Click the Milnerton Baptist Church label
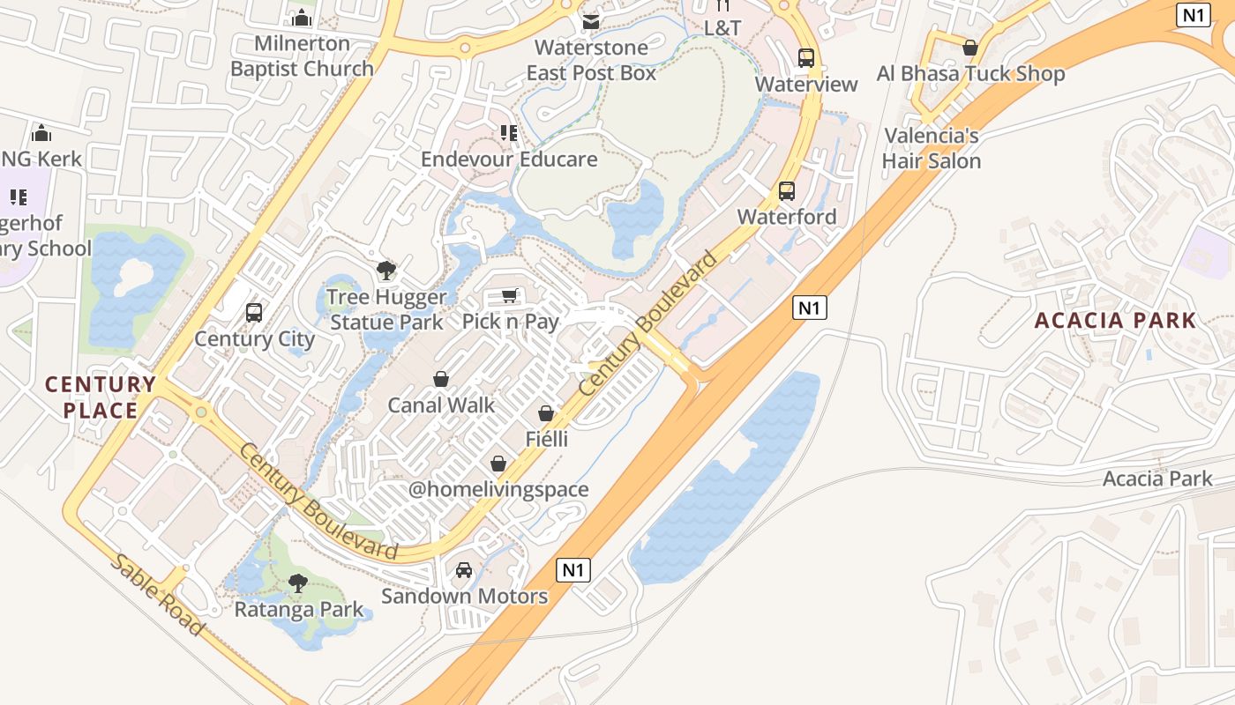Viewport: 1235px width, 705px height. pos(302,56)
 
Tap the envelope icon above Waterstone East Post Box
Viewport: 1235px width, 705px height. pos(591,20)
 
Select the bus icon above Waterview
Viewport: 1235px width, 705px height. pos(806,58)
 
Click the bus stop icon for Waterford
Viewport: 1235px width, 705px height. pos(787,190)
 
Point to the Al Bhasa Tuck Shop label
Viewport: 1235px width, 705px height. pos(970,74)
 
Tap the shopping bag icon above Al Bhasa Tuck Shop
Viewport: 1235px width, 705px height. pos(970,48)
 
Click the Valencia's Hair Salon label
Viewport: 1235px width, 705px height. pos(932,148)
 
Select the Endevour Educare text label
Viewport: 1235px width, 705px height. pos(509,160)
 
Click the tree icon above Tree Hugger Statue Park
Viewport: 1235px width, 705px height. pos(385,270)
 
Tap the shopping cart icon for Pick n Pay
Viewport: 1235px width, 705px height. pos(510,295)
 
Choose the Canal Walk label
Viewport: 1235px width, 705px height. pos(441,405)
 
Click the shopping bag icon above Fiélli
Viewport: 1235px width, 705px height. pos(546,413)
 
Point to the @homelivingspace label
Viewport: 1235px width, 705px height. pos(498,489)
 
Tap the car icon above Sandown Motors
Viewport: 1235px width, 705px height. pos(464,570)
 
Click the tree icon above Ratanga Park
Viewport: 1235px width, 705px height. pos(298,583)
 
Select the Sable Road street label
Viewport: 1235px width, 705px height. pos(157,595)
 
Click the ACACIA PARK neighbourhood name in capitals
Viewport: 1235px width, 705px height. pos(1115,320)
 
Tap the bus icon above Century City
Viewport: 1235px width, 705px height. pos(254,312)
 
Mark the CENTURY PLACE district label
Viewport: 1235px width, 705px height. pos(101,397)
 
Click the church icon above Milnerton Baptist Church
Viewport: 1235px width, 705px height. pos(302,18)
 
